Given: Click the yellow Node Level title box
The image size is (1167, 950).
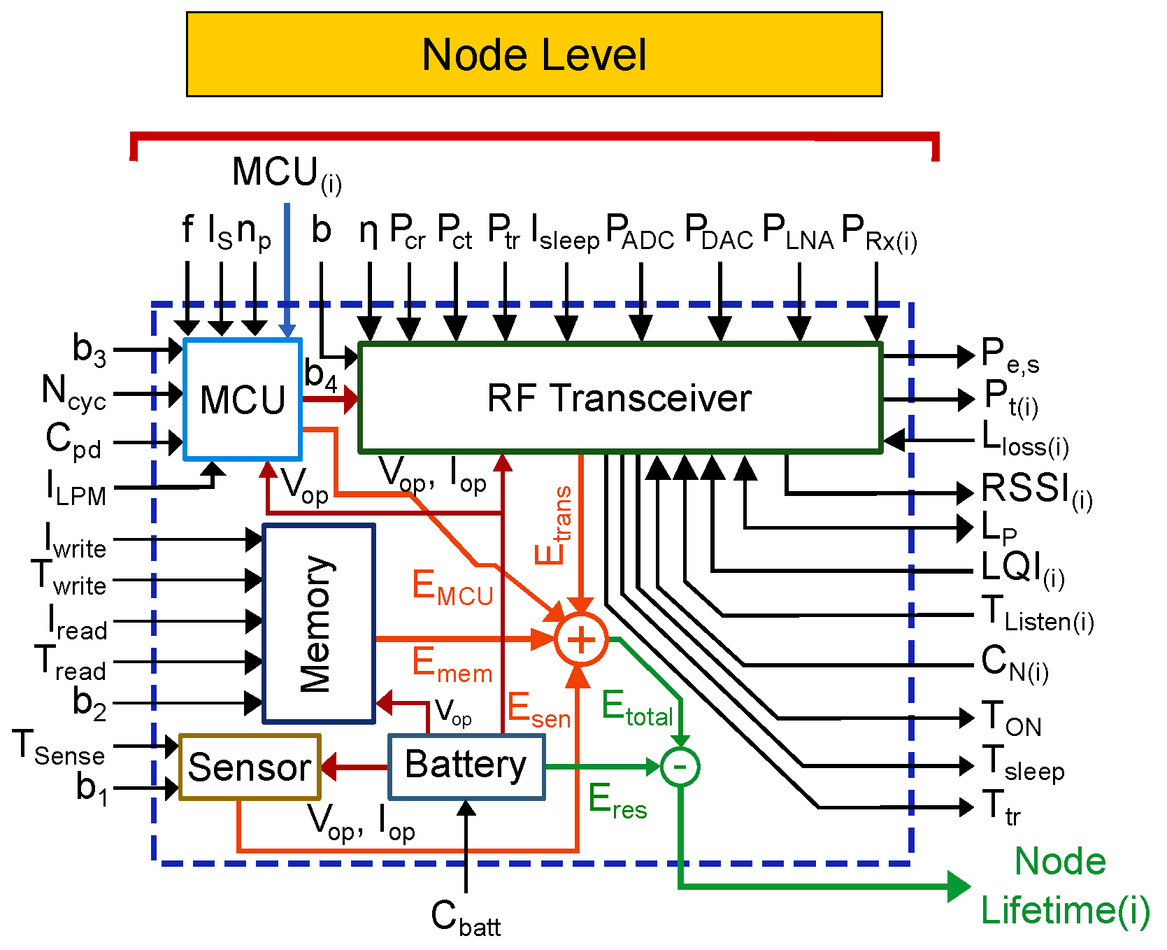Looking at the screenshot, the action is coord(534,54).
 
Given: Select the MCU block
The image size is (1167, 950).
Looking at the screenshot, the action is coord(243,399).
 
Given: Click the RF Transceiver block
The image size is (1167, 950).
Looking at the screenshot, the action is coord(620,397).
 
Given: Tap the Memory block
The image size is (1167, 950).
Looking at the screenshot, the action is coord(319,623).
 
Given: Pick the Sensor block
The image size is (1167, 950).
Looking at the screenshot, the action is coord(250,767).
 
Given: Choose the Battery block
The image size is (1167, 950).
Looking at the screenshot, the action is coord(466,766).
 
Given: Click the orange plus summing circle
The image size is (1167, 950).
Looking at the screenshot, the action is coord(581,639).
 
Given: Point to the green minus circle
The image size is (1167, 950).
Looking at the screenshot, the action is coord(680,767).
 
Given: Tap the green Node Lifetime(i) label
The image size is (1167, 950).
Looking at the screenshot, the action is coord(1064,886).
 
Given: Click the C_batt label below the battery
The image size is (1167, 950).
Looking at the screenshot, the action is coord(466,917).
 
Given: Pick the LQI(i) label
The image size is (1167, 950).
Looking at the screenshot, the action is coord(1023,569).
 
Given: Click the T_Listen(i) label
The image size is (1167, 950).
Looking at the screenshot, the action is coord(1038,613).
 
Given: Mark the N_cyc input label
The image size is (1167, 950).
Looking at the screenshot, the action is coord(73,392).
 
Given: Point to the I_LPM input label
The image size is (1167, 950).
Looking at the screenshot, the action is coord(76,488).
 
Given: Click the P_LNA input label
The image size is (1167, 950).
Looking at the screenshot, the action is coord(798,232).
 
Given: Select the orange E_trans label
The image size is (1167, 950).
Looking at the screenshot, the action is coord(554,525).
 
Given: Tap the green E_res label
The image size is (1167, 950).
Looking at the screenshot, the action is coord(617,802).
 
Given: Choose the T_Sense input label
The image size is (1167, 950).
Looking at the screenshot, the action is coord(59,748).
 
